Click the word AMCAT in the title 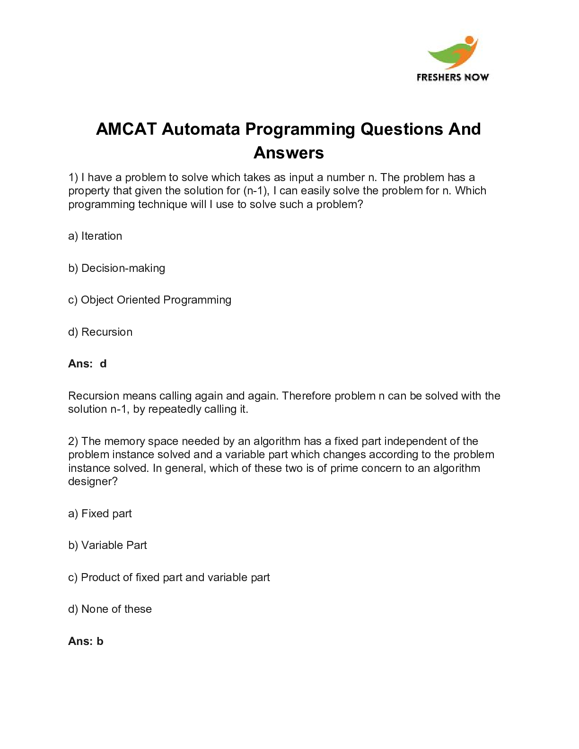126,129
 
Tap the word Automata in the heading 201,129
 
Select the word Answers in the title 289,153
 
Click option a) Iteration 95,236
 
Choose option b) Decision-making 116,268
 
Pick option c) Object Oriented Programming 149,300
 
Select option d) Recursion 100,332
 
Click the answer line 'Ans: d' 87,364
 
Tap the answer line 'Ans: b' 86,641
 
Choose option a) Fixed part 100,514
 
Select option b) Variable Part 107,545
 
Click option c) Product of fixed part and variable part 169,577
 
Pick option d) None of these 110,609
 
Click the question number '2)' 73,441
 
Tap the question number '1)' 73,177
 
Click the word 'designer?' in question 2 93,481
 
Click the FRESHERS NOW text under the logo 453,78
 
